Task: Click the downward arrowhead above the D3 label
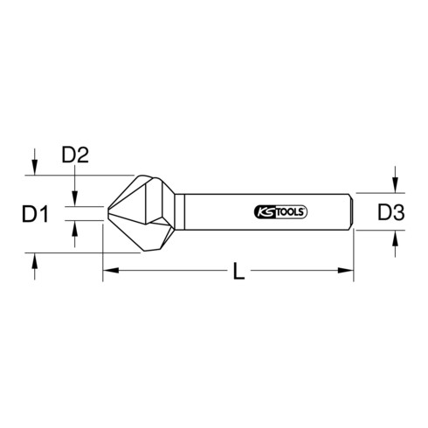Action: click(396, 186)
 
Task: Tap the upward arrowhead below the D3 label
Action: click(396, 238)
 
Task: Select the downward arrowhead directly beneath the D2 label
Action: click(76, 199)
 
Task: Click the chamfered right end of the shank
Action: click(350, 212)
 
